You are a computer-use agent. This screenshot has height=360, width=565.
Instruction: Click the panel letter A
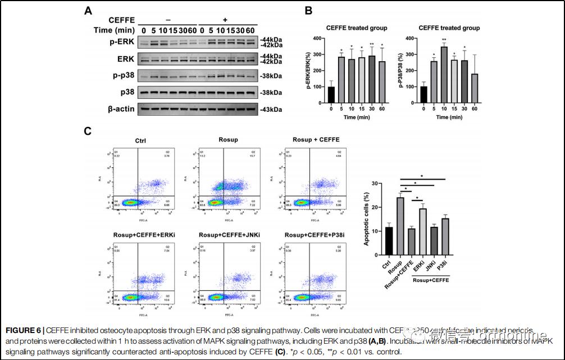(x=89, y=11)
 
